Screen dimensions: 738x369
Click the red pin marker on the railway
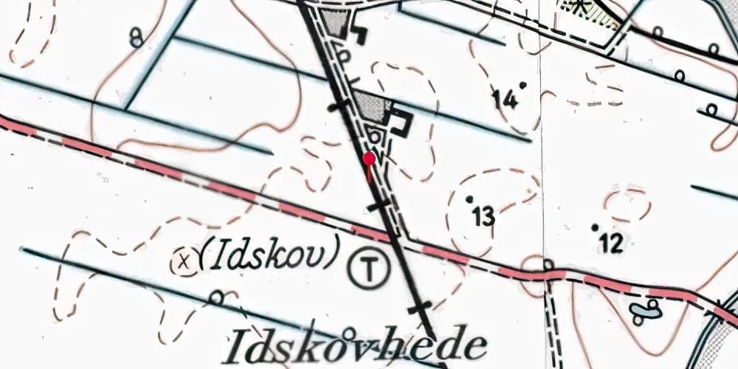369,159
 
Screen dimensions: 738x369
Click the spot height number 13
483,217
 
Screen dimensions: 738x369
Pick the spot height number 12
612,242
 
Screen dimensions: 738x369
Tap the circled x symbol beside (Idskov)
185,259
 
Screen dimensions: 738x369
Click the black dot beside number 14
523,85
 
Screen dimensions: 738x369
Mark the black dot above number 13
469,199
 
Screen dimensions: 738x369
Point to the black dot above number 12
595,227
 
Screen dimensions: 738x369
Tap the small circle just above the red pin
376,137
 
